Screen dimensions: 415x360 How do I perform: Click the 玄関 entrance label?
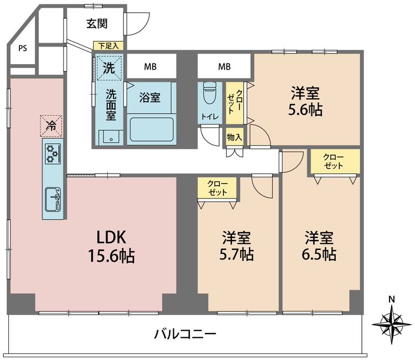click(97, 24)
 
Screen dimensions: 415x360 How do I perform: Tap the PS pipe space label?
click(23, 49)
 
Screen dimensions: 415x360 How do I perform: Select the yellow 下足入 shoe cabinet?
click(108, 46)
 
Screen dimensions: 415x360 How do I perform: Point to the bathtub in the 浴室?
click(152, 129)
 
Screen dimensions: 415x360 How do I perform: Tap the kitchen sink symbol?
click(54, 200)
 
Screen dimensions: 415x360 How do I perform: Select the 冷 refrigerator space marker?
click(51, 126)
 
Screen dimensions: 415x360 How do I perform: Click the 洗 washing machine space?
click(109, 67)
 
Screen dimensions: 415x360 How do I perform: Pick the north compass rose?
click(391, 324)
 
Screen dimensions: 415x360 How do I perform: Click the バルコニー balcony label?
click(185, 335)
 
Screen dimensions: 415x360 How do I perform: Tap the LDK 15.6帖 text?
click(111, 246)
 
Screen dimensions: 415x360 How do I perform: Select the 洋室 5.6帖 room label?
click(305, 101)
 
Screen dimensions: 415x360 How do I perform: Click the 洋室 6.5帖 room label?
click(319, 246)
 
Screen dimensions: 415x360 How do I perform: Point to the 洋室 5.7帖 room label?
click(236, 246)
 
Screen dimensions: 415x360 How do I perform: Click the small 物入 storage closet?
click(235, 137)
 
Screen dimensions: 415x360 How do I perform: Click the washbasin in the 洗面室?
click(111, 137)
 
